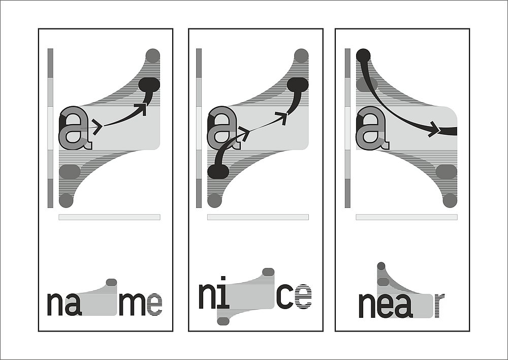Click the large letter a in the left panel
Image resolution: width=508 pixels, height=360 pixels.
coord(75,128)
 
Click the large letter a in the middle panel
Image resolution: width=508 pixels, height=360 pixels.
coord(224,128)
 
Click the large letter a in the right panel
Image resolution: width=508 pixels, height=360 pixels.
coord(372,128)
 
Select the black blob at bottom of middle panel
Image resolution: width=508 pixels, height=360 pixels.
coord(218,171)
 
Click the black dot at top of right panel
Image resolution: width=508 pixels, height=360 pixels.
coord(363,56)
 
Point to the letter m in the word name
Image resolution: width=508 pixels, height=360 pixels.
coord(132,304)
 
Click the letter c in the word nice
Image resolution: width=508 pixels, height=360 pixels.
coord(285,296)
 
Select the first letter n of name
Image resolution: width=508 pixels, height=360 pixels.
coord(55,304)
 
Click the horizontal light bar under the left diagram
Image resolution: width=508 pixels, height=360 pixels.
coord(110,217)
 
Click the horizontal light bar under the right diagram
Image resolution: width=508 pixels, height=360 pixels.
coord(406,217)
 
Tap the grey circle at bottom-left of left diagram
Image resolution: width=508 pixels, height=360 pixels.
coord(66,200)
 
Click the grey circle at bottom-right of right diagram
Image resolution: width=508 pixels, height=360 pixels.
coord(450,200)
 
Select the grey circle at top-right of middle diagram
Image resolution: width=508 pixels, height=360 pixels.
coord(301,56)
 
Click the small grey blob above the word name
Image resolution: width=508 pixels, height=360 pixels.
coord(111,282)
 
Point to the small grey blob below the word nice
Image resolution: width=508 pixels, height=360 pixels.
coord(223,321)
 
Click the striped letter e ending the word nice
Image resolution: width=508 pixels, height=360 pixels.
coord(303,296)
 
